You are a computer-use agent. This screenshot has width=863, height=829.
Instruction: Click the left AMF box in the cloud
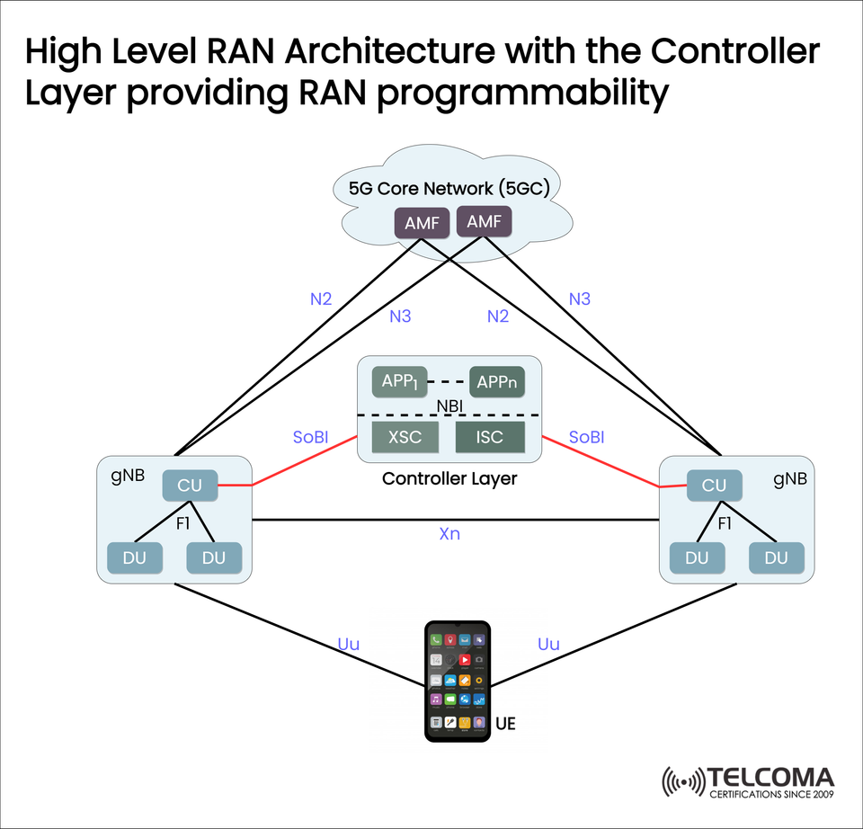point(422,224)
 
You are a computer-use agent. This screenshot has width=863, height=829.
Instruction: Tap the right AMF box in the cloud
point(485,220)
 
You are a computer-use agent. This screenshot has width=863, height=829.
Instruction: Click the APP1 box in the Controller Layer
point(400,380)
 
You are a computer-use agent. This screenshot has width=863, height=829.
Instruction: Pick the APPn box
point(496,381)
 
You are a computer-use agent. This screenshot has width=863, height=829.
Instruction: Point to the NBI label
point(449,407)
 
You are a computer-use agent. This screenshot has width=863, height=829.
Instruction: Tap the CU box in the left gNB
point(190,486)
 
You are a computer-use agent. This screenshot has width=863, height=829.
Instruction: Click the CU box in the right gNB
point(714,486)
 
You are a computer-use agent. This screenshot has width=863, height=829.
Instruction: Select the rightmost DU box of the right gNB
point(775,557)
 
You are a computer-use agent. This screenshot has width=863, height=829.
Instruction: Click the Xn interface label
point(449,534)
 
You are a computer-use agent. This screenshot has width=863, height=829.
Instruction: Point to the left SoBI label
point(310,437)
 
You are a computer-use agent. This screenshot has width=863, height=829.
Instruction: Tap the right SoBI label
point(586,437)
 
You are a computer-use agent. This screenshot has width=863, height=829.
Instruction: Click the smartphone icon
point(458,681)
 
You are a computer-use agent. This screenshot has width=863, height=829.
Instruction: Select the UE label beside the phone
point(506,722)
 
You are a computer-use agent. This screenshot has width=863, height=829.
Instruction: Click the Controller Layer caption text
point(449,478)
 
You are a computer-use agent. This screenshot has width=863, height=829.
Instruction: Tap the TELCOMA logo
point(748,781)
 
